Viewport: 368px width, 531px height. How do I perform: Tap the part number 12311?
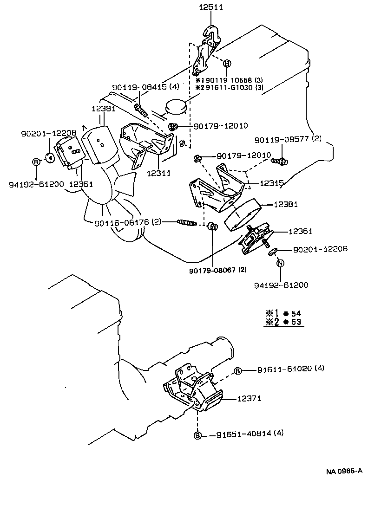click(159, 174)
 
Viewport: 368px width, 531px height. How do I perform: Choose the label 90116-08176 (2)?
click(127, 222)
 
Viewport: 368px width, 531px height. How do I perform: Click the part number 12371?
click(250, 398)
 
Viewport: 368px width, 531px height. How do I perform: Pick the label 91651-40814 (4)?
click(250, 434)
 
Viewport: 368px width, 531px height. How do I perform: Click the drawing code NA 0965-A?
click(344, 471)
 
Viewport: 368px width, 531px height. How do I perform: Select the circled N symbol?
click(280, 263)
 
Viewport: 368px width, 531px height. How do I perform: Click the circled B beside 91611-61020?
click(237, 370)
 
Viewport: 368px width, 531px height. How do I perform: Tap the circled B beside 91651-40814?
click(197, 435)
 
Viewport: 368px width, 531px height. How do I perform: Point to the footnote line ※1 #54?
click(283, 313)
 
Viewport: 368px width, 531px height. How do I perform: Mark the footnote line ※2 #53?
click(283, 322)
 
